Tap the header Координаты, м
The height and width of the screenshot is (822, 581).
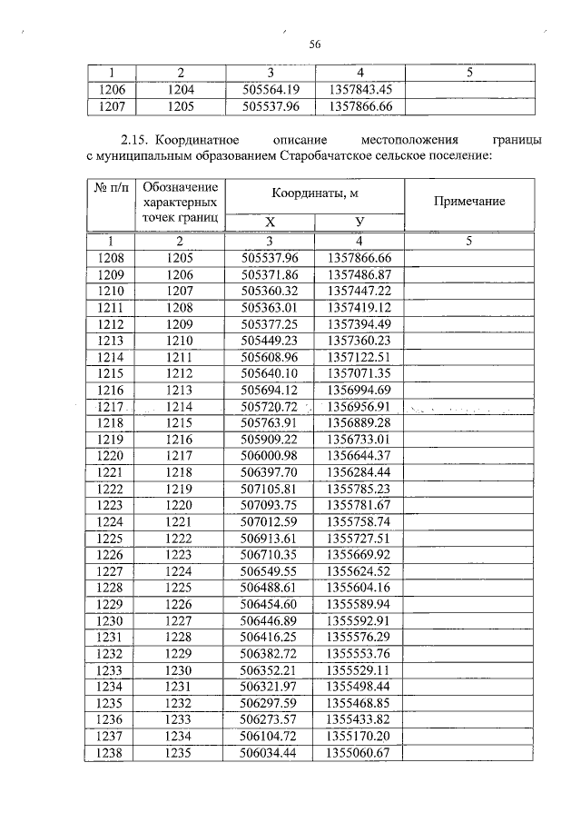314,193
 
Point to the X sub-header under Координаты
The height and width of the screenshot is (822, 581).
270,223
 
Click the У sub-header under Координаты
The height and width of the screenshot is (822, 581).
359,223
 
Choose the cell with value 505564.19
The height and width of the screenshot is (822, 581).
270,90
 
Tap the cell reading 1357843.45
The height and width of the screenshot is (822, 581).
359,90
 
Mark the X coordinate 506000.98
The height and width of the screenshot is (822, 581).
270,455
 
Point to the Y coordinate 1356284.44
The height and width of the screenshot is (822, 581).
359,472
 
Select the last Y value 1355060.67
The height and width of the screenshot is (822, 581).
359,753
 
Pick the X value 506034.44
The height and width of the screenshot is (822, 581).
270,753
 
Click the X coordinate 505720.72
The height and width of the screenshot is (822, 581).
270,406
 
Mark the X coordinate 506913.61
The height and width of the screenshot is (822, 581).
270,538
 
